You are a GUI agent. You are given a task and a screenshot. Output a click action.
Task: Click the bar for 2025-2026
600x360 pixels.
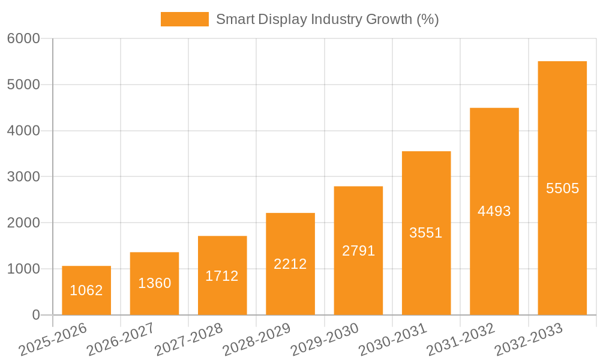pos(86,290)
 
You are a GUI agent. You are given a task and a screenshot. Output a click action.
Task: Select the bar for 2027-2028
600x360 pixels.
pos(223,275)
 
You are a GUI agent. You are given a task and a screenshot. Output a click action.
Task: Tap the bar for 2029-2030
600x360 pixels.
pos(358,250)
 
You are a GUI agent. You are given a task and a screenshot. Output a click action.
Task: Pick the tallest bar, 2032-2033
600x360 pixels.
pos(562,188)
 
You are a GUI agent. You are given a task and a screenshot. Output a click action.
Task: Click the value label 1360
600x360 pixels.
pos(155,283)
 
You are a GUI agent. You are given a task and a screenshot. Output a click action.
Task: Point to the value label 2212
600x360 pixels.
pos(290,264)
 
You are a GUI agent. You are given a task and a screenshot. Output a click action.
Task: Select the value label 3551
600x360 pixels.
pos(426,233)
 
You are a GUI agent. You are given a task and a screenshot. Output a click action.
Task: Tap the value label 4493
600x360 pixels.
pos(494,211)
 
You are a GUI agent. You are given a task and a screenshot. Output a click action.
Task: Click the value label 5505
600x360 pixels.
pos(562,188)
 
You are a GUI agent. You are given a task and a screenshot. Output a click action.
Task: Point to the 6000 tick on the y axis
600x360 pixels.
pos(23,38)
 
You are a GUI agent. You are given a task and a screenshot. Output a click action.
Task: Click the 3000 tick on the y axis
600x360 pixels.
pos(23,177)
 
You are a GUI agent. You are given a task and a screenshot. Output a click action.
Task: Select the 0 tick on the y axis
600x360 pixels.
pos(35,315)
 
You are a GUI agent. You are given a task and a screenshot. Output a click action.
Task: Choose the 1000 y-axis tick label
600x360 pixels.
pos(23,269)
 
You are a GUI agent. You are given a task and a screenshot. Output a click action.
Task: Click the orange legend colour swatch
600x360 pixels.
pos(185,19)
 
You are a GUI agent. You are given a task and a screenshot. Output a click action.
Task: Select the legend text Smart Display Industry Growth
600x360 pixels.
pos(327,19)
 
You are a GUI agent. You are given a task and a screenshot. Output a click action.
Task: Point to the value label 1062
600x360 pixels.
pos(86,290)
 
